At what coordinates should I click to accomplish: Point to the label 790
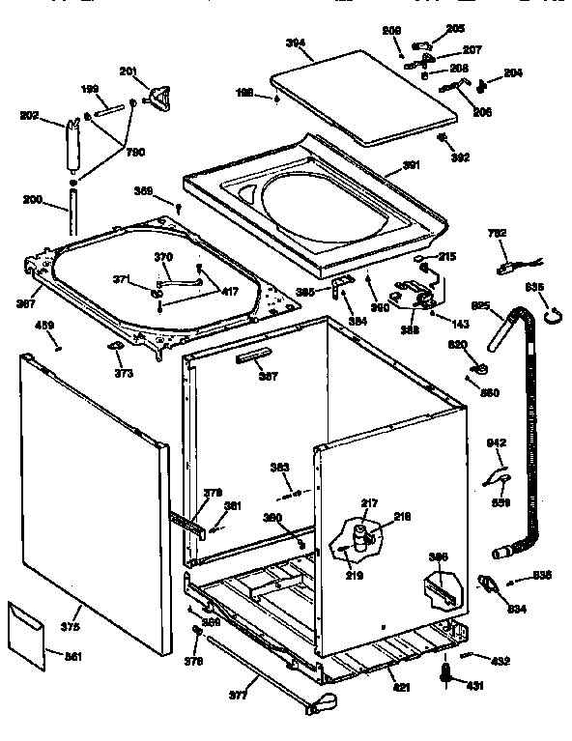pyautogui.click(x=135, y=153)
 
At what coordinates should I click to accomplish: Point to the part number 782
pyautogui.click(x=498, y=234)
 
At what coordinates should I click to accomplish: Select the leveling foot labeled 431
pyautogui.click(x=446, y=673)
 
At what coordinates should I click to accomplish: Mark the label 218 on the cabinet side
pyautogui.click(x=402, y=518)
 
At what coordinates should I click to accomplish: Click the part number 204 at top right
pyautogui.click(x=512, y=72)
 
